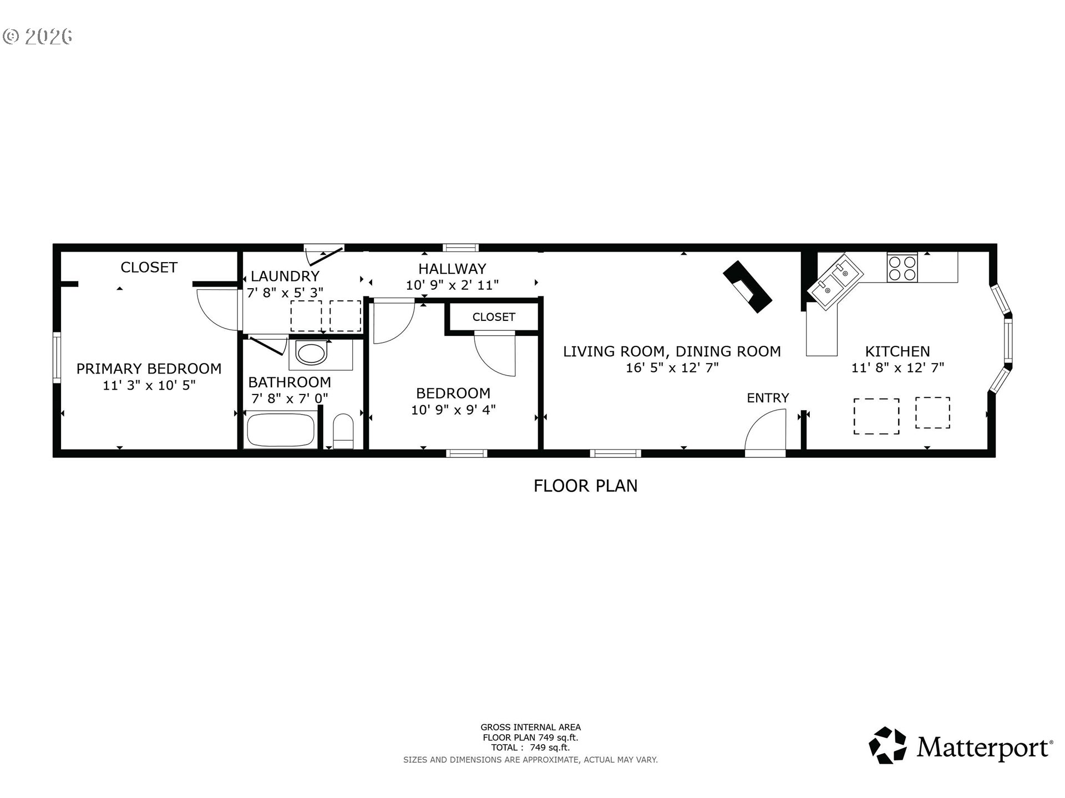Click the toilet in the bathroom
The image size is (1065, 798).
tap(343, 431)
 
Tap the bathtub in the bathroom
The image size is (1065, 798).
tap(280, 429)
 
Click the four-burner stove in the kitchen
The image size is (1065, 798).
tap(902, 268)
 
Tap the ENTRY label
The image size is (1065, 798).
tap(768, 398)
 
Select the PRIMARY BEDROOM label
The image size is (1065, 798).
tap(149, 369)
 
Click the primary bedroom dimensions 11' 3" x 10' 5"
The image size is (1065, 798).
tap(149, 385)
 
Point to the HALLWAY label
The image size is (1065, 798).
tap(452, 269)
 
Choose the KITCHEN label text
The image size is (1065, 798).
tap(897, 351)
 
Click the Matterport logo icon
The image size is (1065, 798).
tap(887, 745)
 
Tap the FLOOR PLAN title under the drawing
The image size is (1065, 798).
tap(585, 486)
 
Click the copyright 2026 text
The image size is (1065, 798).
tap(38, 37)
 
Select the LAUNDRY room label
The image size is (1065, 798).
tap(285, 276)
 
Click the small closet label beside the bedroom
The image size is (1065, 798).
tap(494, 317)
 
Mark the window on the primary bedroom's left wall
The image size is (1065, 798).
tap(57, 357)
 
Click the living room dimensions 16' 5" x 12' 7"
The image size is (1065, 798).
tap(672, 367)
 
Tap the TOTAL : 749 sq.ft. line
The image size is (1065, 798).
tap(530, 748)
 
